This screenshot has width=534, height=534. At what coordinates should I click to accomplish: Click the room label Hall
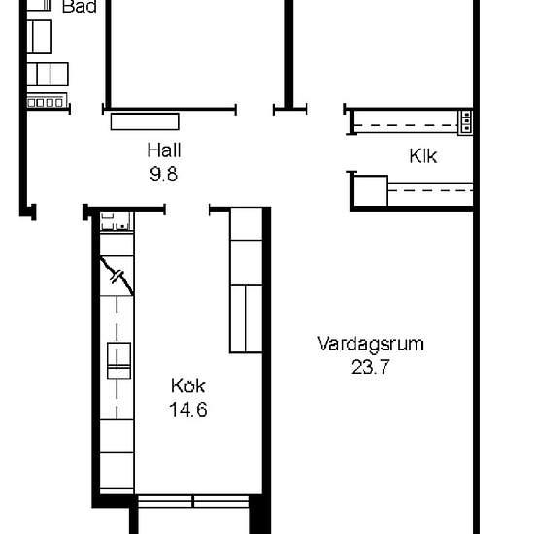point(165,150)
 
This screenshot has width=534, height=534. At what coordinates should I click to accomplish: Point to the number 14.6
point(187,410)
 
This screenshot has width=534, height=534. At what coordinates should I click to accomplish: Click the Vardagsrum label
point(371,344)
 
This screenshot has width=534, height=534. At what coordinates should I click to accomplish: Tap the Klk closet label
point(422,155)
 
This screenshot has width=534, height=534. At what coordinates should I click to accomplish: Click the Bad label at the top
point(78,7)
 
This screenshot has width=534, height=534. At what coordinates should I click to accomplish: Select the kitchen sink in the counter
point(117,360)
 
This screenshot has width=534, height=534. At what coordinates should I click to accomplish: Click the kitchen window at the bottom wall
point(192,502)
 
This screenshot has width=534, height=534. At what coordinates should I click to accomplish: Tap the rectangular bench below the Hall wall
point(146,121)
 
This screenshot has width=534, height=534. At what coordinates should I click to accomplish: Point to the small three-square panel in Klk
point(466,120)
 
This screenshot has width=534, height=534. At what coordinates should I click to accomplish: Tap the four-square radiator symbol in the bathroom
point(44,101)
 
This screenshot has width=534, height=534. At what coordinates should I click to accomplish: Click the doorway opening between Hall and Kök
point(186,208)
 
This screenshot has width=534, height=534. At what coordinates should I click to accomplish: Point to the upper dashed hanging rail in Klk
point(406,123)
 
